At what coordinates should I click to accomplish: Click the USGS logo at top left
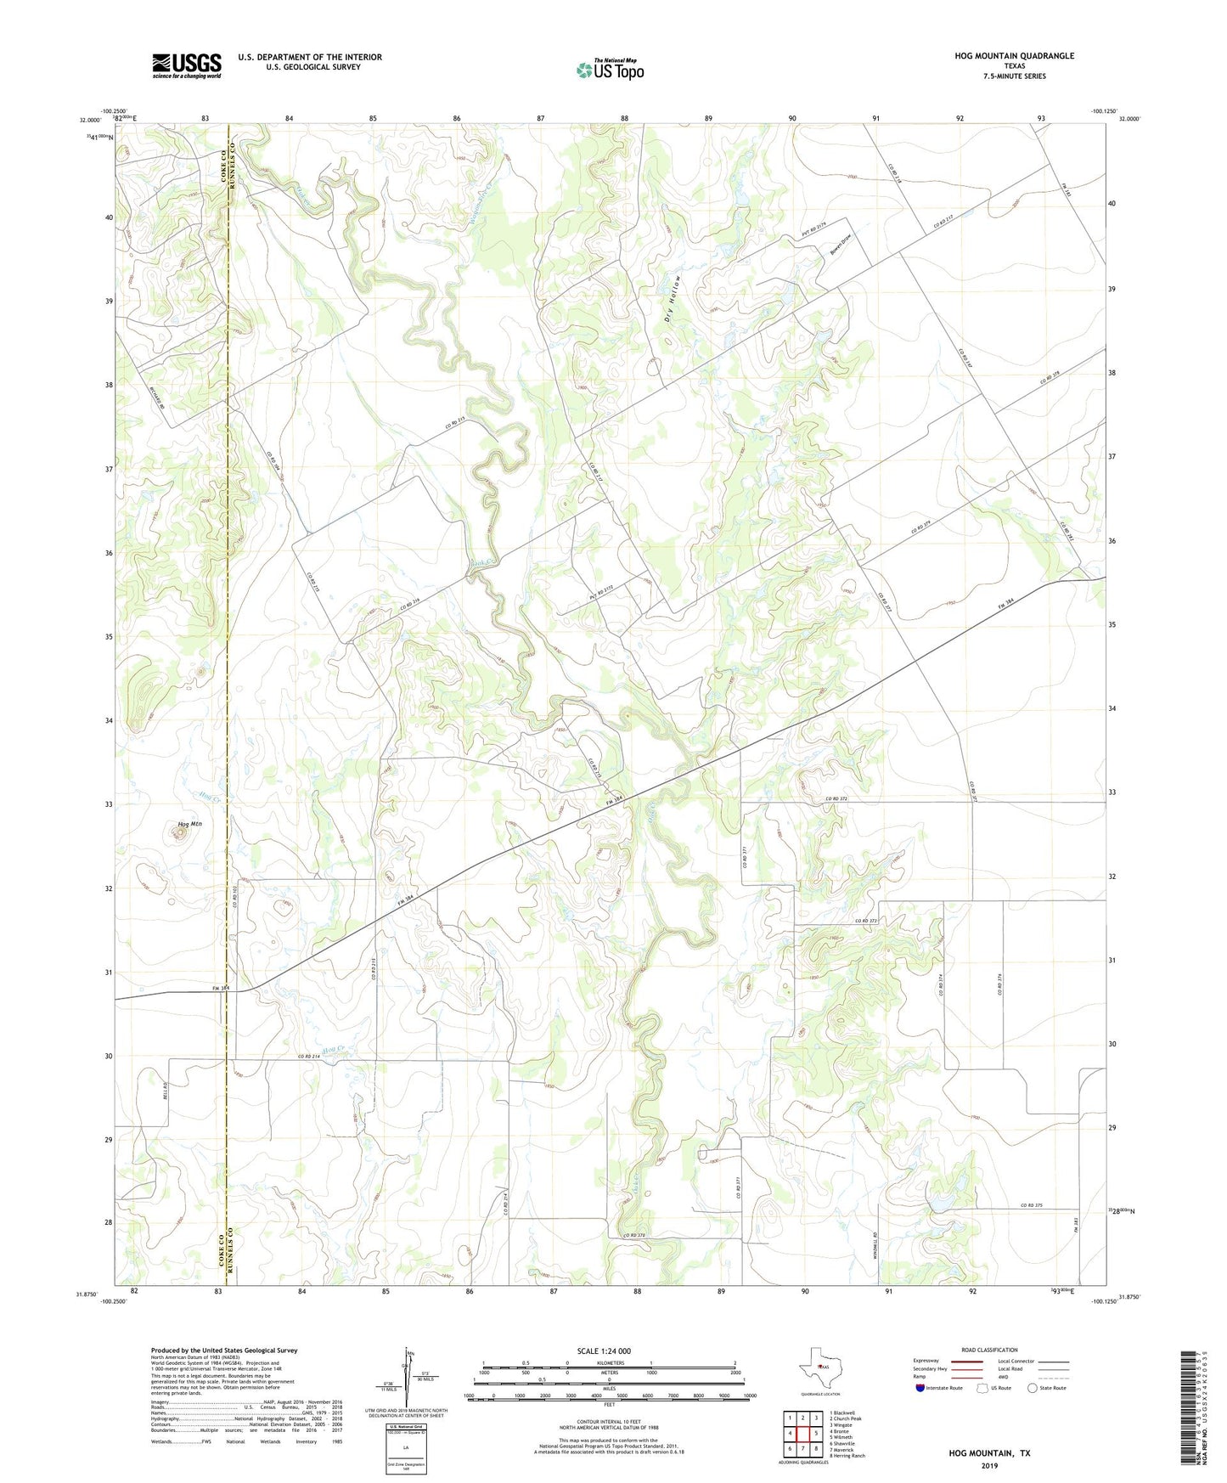(187, 65)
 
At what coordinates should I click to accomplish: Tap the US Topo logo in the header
(609, 70)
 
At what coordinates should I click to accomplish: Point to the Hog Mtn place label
(190, 824)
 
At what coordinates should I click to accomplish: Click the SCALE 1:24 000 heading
(604, 1350)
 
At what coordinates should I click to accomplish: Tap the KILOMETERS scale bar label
(609, 1362)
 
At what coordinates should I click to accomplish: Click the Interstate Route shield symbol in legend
(920, 1388)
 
